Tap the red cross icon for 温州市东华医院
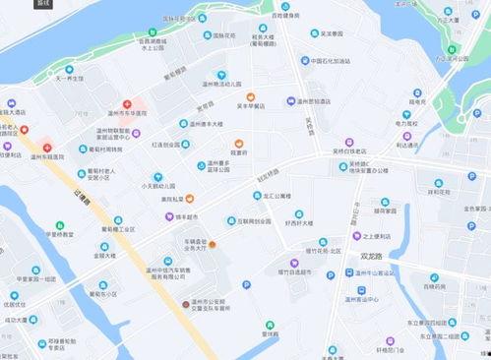(x=126, y=104)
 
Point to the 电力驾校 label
(x=409, y=124)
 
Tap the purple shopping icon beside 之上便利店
(x=357, y=236)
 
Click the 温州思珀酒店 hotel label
(x=320, y=101)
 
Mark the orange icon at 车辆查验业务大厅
(x=211, y=243)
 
